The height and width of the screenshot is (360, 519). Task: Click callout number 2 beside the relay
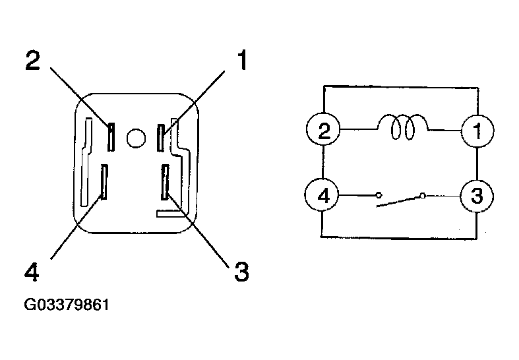coord(33,60)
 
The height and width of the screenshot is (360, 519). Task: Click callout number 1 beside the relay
coord(243,60)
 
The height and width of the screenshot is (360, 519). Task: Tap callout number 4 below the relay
coord(32,272)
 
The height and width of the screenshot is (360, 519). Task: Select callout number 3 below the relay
coord(241,272)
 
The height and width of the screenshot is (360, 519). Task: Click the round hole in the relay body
coord(136,138)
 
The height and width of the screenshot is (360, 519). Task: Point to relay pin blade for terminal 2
coord(111,137)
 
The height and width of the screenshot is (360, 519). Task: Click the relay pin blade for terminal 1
coord(161,138)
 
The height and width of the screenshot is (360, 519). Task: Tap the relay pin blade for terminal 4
coord(104,182)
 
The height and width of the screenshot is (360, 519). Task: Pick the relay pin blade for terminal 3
coord(165,183)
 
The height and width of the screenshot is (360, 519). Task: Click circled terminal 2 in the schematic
coord(323,129)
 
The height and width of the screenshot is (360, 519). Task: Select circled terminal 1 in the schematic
coord(477,131)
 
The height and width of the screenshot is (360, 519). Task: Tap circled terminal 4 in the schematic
coord(322,195)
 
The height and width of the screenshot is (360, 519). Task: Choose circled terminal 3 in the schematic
coord(477,196)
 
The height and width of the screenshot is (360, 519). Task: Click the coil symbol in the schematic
coord(402,127)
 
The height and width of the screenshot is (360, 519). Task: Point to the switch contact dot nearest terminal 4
coord(379,195)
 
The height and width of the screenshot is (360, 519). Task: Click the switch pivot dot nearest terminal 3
coord(422,196)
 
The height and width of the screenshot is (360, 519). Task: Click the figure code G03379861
coord(67,305)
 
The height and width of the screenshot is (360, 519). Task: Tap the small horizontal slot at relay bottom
coord(169,214)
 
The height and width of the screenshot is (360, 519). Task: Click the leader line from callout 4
coord(76,227)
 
